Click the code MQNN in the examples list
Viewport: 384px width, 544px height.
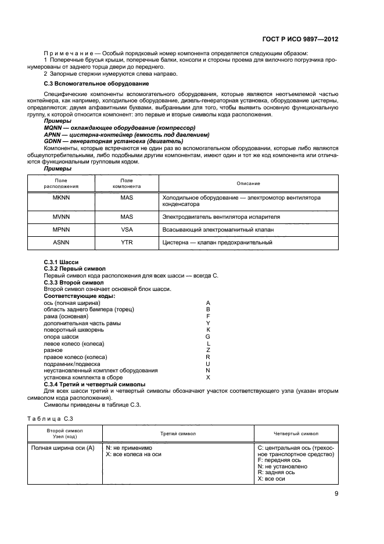coord(54,127)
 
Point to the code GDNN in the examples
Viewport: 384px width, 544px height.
coord(54,141)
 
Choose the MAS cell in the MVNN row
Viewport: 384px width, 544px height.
coord(127,216)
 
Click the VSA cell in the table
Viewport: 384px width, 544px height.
coord(127,229)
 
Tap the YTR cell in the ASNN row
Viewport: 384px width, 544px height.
coord(127,242)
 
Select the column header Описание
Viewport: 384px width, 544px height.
coord(248,183)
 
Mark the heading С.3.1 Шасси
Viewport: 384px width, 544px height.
coord(61,262)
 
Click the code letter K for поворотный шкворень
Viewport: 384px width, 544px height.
coord(208,329)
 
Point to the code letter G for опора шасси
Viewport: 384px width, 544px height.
coord(208,336)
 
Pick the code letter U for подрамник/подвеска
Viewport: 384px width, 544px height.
coord(208,364)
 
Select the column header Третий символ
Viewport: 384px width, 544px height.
coord(178,434)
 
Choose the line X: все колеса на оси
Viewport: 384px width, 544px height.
coord(133,454)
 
